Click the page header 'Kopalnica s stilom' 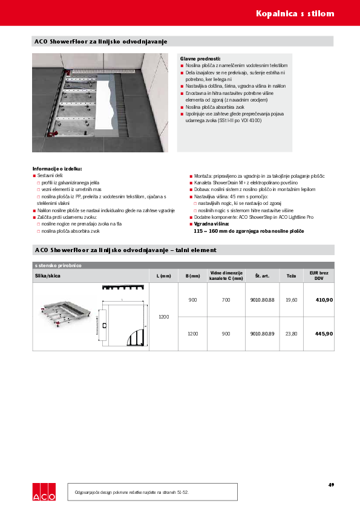(x=303, y=13)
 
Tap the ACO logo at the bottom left (x=44, y=491)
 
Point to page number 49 (x=331, y=484)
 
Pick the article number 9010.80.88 (x=262, y=300)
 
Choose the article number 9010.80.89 (x=262, y=334)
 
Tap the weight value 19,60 (x=292, y=300)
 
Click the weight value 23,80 (x=292, y=334)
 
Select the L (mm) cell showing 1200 (x=163, y=317)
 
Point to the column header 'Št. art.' (x=262, y=276)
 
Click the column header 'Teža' (x=292, y=276)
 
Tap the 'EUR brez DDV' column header (x=319, y=276)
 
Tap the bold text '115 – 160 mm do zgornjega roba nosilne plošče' (x=249, y=231)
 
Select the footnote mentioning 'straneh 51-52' (x=132, y=493)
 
